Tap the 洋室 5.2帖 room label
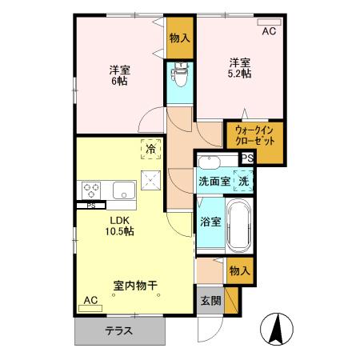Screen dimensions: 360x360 click(240, 67)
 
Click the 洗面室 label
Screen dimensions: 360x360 click(214, 181)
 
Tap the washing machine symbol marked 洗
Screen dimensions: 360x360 click(243, 181)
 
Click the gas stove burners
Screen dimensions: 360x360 click(90, 190)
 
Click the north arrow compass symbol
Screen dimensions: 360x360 click(277, 329)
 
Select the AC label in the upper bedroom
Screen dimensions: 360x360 click(270, 31)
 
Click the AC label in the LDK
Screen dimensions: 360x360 click(90, 300)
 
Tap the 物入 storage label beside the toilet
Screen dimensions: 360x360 click(181, 38)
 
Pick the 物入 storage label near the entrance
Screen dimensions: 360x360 click(239, 272)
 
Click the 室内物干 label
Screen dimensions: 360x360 click(134, 284)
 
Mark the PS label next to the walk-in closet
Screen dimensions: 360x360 click(248, 158)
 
